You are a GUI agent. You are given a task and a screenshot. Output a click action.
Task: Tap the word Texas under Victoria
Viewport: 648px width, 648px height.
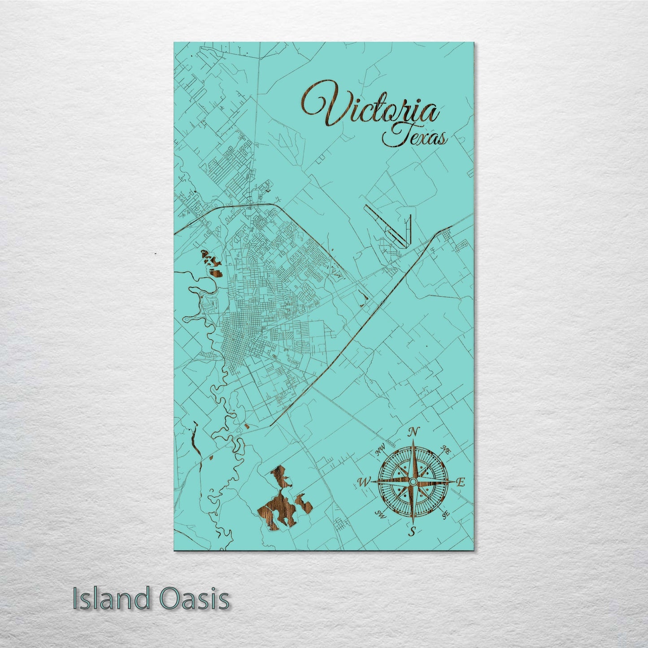(x=415, y=137)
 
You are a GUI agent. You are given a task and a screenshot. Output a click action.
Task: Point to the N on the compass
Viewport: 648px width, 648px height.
(x=413, y=432)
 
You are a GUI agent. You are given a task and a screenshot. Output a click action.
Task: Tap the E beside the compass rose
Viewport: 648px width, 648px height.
(x=460, y=482)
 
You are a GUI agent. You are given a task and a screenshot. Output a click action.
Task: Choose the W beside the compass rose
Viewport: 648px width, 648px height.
(x=363, y=482)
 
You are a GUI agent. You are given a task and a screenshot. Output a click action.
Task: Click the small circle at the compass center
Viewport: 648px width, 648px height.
(x=413, y=481)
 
